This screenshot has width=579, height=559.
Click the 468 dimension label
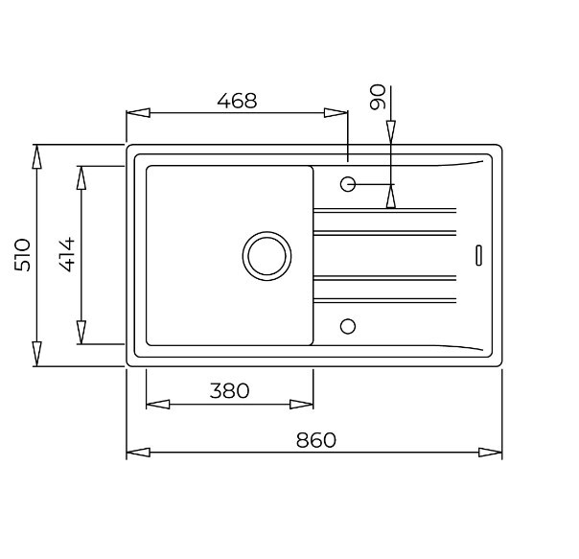[237, 101]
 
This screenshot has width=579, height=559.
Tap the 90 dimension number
[378, 97]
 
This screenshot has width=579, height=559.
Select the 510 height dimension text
[22, 255]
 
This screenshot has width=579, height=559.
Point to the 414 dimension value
[67, 254]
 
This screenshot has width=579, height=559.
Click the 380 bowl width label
[229, 391]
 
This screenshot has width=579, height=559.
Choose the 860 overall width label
[316, 440]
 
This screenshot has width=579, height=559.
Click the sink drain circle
[266, 256]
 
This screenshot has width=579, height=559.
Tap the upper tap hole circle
[347, 184]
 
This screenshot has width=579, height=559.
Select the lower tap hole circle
[347, 326]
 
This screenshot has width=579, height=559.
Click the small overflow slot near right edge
[478, 255]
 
